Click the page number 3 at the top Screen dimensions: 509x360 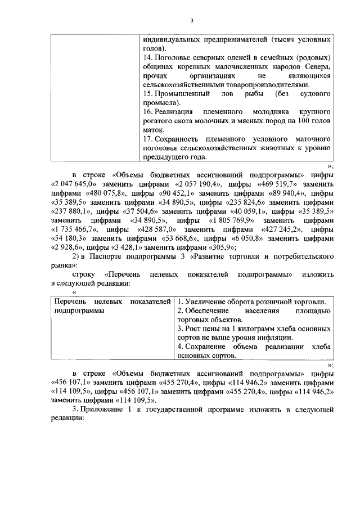pos(191,21)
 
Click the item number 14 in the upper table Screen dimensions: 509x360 pos(148,58)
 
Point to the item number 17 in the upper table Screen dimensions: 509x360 pos(148,138)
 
